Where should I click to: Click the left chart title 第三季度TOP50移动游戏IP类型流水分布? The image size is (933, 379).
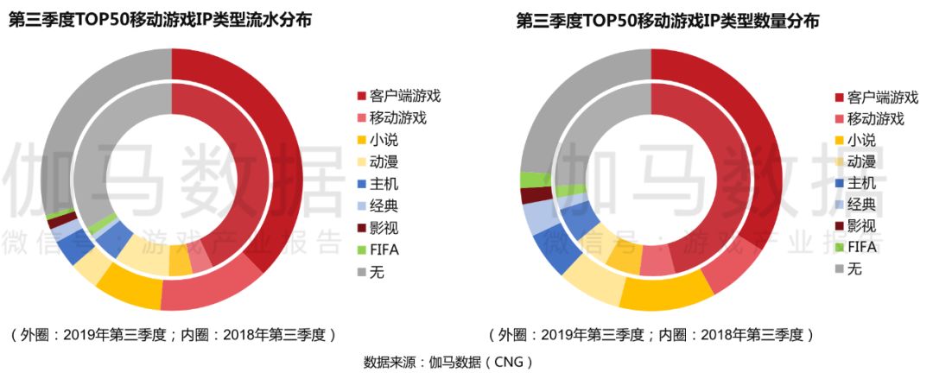(160, 21)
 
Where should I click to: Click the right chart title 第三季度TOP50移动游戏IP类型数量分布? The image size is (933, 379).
(667, 21)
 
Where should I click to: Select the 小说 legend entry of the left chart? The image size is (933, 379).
(377, 140)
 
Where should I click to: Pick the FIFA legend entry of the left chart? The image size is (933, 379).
(378, 250)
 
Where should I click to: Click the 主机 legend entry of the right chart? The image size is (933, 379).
(855, 182)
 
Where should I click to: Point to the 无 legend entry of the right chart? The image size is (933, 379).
(848, 269)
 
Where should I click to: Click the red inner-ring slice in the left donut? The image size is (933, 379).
(238, 148)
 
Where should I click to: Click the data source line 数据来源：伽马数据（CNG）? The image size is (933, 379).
(448, 362)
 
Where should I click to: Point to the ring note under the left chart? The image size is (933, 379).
(172, 334)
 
